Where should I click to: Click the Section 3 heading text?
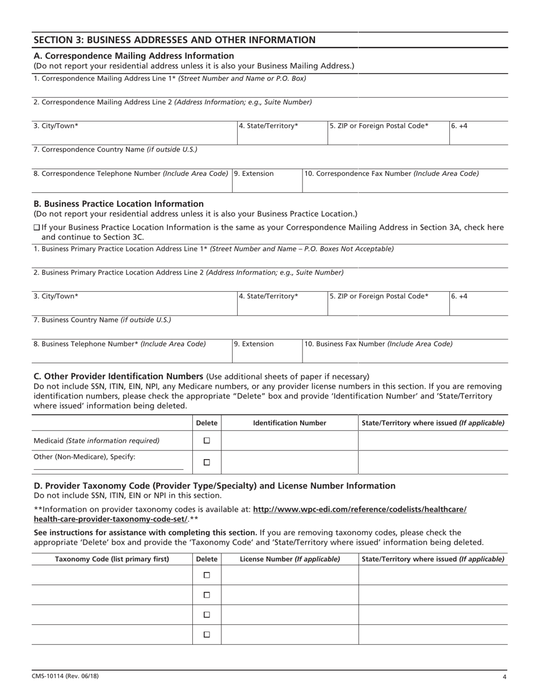(175, 40)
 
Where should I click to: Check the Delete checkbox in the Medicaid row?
(207, 440)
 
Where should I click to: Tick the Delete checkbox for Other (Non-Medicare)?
(207, 462)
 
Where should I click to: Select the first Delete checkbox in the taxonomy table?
(207, 575)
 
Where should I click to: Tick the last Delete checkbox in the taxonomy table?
(207, 634)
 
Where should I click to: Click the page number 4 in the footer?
(504, 676)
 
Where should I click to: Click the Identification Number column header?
(289, 423)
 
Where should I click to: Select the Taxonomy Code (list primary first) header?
(112, 559)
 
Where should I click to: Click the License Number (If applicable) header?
(289, 559)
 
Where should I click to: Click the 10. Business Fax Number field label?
(378, 344)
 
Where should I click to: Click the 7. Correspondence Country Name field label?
(115, 150)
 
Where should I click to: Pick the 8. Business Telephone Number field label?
(119, 344)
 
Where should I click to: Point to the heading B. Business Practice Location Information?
(119, 204)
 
